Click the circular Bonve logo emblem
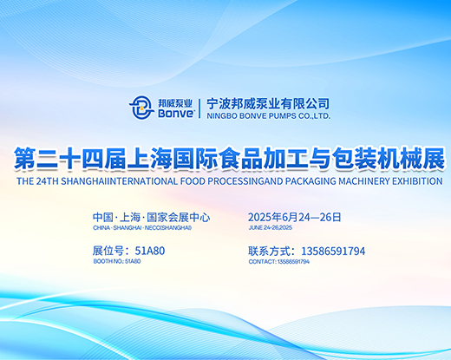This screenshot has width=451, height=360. pyautogui.click(x=141, y=108)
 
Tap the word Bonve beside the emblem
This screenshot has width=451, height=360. pyautogui.click(x=176, y=113)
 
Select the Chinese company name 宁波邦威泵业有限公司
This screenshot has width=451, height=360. pyautogui.click(x=268, y=104)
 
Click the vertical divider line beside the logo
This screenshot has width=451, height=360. pyautogui.click(x=199, y=108)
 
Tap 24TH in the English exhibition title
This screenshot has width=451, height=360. pyautogui.click(x=48, y=181)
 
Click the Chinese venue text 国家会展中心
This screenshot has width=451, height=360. pyautogui.click(x=179, y=217)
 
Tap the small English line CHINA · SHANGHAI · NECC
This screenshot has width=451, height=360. pyautogui.click(x=142, y=228)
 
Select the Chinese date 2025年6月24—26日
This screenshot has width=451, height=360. pyautogui.click(x=295, y=217)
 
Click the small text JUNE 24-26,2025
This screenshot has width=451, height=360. pyautogui.click(x=271, y=227)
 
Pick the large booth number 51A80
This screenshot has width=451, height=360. pyautogui.click(x=150, y=251)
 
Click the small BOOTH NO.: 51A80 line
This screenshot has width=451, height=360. pyautogui.click(x=117, y=261)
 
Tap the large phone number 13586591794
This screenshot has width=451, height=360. pyautogui.click(x=333, y=252)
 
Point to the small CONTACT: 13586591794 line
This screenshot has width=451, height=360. pyautogui.click(x=279, y=262)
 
